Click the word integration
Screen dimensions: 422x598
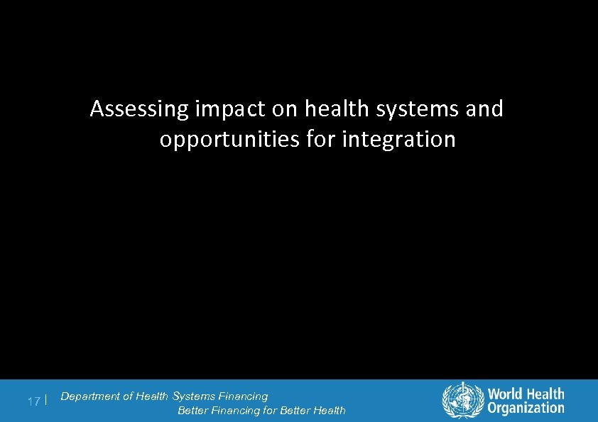click(x=398, y=140)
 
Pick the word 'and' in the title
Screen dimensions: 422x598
click(x=486, y=109)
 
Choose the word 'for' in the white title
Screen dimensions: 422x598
click(x=323, y=140)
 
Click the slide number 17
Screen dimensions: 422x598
click(x=33, y=401)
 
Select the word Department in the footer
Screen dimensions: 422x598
click(x=91, y=396)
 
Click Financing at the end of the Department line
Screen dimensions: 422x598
click(x=244, y=396)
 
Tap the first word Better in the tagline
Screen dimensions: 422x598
click(x=192, y=411)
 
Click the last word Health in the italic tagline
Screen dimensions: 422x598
click(x=329, y=411)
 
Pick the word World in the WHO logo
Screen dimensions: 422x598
click(x=506, y=394)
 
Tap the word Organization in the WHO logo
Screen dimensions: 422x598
click(x=526, y=407)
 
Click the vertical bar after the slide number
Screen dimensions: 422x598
click(x=45, y=401)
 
